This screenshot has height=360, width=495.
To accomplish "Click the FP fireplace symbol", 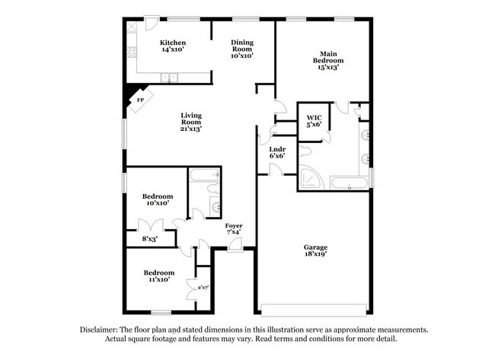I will (x=140, y=100).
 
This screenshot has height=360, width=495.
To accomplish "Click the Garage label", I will (x=315, y=248).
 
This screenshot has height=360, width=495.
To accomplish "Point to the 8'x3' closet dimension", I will (x=151, y=239).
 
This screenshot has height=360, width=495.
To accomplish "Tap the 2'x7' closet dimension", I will (x=203, y=288).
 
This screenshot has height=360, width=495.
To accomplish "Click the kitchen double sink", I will (x=169, y=77).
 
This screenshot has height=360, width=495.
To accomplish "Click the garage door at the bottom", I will (x=314, y=309).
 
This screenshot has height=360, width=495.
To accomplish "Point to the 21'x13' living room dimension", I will (x=190, y=129).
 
